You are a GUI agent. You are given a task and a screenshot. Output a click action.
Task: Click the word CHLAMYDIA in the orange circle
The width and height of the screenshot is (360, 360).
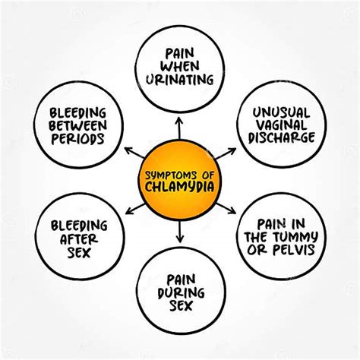coord(179,188)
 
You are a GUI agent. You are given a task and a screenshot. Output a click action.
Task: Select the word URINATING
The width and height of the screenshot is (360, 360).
coord(179,80)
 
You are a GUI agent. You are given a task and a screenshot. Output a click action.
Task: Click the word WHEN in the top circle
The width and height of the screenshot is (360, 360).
coord(179,66)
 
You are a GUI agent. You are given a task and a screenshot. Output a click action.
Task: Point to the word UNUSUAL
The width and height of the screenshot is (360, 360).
coord(281,112)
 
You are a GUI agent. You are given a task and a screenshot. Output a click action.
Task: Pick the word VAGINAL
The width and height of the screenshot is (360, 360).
coord(282,125)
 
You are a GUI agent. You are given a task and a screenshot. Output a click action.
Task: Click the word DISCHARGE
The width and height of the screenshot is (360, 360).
coord(282,137)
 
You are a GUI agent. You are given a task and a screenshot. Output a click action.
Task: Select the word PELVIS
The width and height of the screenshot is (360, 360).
coord(294,250)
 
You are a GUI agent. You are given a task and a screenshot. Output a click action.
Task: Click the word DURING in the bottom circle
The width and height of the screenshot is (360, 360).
coord(181,293)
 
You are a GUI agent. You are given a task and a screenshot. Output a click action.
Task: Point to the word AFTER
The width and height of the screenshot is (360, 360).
coord(79,239)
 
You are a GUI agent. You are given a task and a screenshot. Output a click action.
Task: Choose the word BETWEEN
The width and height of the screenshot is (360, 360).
coord(78,125)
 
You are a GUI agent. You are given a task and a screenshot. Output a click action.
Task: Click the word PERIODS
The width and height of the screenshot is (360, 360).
coord(78,139)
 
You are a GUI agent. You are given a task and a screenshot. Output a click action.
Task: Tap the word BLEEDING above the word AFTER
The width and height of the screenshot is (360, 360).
coord(79,226)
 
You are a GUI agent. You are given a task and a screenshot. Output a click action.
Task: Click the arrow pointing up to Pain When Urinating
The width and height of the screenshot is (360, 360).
coord(179,128)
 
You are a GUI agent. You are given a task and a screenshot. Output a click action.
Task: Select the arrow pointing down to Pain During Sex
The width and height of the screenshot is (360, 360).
coord(180,232)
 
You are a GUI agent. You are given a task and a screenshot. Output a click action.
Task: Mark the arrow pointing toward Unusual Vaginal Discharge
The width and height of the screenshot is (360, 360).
coord(226,153)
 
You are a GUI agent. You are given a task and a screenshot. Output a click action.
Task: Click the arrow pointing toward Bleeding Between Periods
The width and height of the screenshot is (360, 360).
coord(134,153)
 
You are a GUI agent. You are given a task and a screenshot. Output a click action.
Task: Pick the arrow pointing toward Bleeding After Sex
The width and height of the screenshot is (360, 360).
coord(135,209)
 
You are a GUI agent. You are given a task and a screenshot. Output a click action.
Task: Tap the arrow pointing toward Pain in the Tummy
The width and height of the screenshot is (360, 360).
coord(226,209)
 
